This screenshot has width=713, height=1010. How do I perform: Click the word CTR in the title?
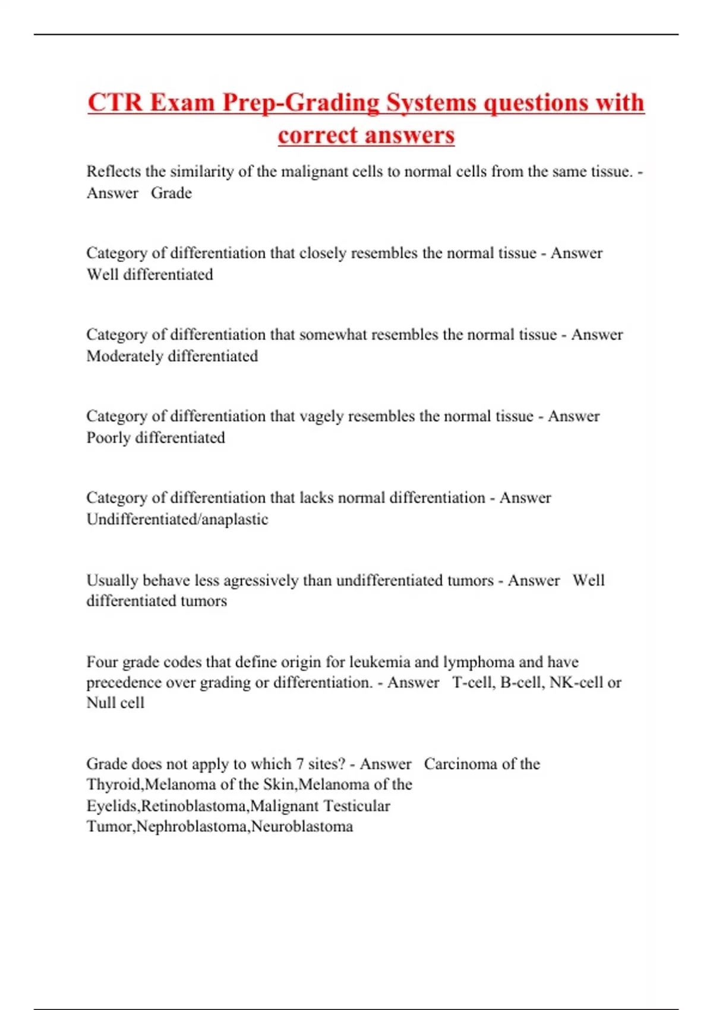(x=115, y=102)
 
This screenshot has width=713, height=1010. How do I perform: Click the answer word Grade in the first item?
(x=171, y=193)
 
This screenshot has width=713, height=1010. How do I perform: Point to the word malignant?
(x=311, y=172)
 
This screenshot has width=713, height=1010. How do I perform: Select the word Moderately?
(x=125, y=356)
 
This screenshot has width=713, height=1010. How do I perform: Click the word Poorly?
(x=108, y=438)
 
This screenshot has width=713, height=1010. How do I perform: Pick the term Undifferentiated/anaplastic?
(x=177, y=519)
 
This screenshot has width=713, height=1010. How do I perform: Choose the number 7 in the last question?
(x=299, y=764)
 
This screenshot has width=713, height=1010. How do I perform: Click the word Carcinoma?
(x=460, y=764)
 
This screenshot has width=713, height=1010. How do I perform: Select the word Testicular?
(x=356, y=806)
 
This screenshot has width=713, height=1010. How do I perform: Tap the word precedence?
(x=123, y=683)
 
